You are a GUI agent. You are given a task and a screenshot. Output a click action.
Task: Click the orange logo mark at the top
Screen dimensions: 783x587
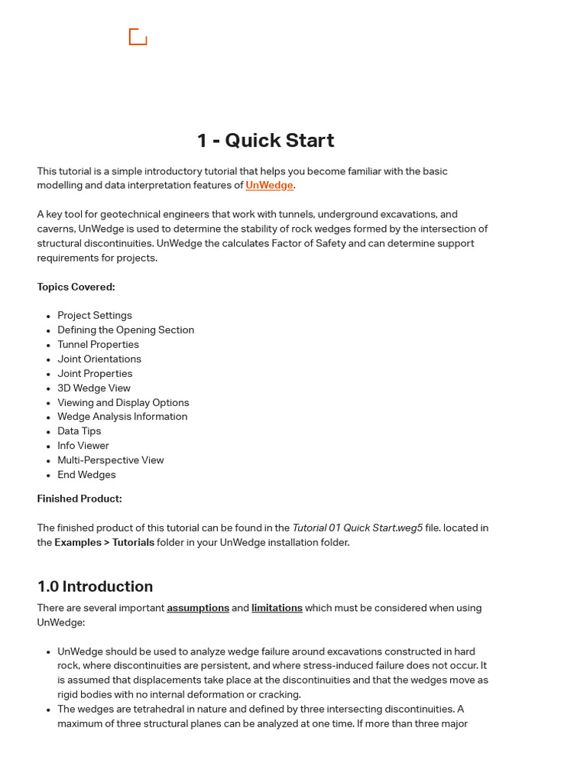[138, 37]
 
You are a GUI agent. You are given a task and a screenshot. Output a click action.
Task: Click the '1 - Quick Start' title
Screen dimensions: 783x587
[265, 141]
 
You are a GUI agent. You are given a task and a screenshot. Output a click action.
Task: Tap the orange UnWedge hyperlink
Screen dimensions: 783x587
[269, 186]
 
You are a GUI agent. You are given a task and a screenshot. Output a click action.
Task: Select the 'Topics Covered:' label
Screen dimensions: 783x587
[76, 288]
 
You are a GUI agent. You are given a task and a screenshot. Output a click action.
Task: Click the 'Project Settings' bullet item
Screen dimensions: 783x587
[95, 316]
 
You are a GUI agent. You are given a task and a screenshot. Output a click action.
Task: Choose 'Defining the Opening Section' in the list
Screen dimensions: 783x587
[125, 330]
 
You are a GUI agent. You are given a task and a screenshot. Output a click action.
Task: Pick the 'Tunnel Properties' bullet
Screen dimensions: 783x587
[98, 345]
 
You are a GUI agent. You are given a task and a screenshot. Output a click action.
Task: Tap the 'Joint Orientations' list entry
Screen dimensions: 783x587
[99, 359]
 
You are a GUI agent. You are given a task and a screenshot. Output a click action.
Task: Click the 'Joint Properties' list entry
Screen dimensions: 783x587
[95, 374]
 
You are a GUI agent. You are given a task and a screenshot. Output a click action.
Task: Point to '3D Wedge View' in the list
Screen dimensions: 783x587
[94, 388]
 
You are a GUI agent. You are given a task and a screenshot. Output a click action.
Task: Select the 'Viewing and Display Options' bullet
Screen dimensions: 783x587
[123, 403]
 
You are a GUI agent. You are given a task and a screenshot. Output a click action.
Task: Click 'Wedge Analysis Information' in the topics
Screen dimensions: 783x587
[122, 417]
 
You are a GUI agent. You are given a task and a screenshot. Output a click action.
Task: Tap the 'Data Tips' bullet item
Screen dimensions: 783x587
[79, 431]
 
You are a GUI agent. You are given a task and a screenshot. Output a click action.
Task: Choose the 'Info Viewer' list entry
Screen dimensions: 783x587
[83, 446]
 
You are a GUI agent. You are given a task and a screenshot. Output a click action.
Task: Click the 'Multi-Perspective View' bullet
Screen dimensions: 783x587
[111, 460]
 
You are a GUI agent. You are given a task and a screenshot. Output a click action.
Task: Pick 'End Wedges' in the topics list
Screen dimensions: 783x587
[86, 475]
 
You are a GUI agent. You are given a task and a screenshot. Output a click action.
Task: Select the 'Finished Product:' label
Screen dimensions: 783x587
[79, 499]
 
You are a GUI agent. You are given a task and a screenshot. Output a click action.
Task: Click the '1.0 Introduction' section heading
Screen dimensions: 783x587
[95, 586]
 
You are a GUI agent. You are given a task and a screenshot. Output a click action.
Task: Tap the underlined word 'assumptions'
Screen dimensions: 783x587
[198, 609]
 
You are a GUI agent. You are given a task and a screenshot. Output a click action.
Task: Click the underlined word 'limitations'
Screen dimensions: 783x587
[277, 609]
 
